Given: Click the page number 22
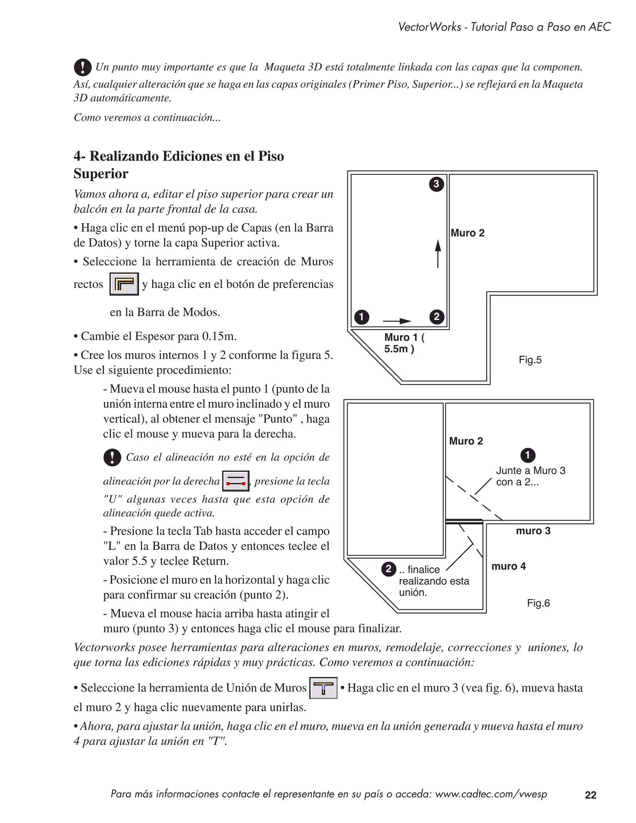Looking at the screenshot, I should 590,795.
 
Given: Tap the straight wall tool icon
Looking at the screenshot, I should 124,284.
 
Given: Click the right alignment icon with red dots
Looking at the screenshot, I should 235,481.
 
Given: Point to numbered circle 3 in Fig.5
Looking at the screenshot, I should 436,184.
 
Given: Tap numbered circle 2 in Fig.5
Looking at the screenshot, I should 437,316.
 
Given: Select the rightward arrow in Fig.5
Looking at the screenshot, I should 397,321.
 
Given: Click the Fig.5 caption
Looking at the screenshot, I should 530,360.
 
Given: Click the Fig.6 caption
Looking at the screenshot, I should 538,603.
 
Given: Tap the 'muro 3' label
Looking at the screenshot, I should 533,531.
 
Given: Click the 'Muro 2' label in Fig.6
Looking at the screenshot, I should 466,441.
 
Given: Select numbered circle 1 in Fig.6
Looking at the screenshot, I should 528,455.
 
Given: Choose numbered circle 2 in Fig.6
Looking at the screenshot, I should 388,569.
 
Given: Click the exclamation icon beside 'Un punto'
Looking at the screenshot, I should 83,67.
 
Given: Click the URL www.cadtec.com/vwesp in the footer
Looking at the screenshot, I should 491,794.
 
